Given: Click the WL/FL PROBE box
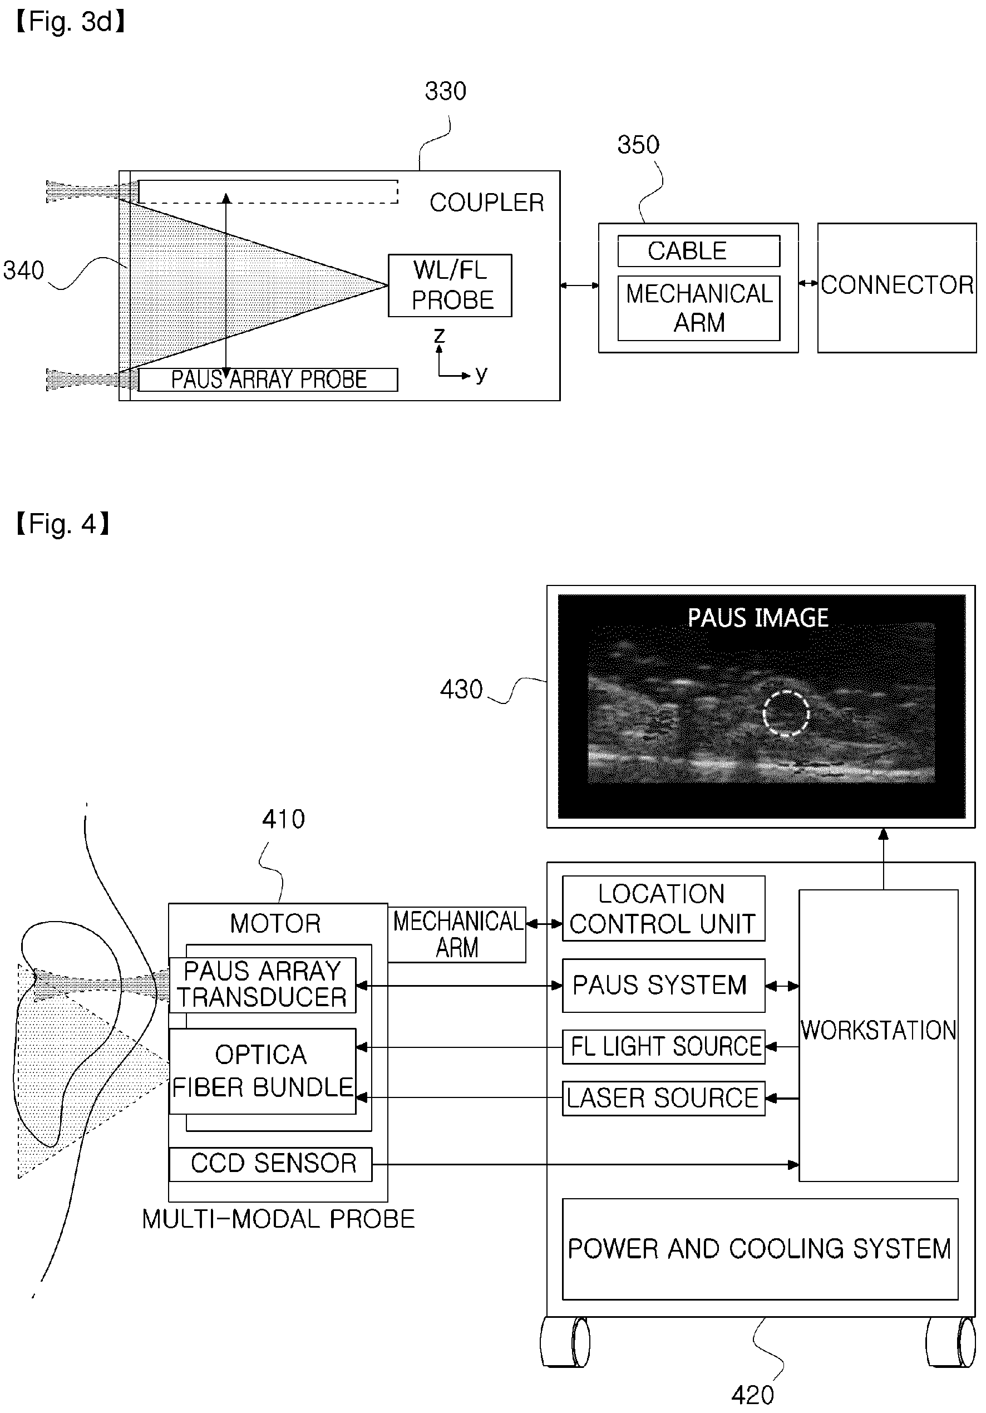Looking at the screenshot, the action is click(450, 285).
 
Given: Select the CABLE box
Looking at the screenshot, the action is click(698, 251).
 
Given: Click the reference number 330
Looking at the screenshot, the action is click(446, 91).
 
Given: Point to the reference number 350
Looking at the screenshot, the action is click(638, 145).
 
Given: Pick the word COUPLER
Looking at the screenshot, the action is click(487, 203).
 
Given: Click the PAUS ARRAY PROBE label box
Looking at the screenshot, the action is click(268, 380).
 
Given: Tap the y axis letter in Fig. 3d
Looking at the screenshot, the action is click(481, 374).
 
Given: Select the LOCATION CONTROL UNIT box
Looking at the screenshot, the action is click(663, 908).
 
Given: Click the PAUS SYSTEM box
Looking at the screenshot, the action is click(663, 985).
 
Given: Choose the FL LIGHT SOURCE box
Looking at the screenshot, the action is click(663, 1047).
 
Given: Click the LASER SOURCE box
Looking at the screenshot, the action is click(663, 1099).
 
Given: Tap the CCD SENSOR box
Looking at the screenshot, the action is click(271, 1164).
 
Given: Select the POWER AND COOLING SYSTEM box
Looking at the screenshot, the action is click(760, 1249).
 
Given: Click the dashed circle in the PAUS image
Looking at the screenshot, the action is click(786, 692).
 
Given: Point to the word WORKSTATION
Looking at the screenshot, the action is click(878, 1030).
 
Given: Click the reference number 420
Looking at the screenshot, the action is click(752, 1395).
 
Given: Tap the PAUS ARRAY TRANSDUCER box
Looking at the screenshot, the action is click(262, 985).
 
